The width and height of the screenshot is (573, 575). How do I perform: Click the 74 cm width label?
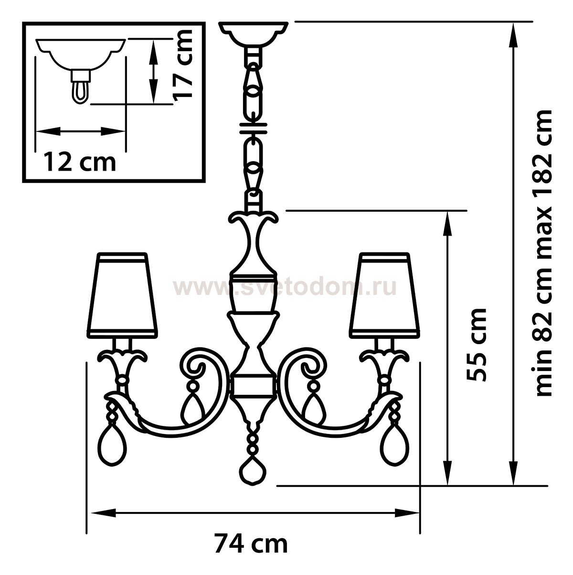point(251,544)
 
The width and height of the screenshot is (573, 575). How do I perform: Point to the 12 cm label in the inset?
point(80,163)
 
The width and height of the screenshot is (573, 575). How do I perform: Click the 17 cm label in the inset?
point(182,64)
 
